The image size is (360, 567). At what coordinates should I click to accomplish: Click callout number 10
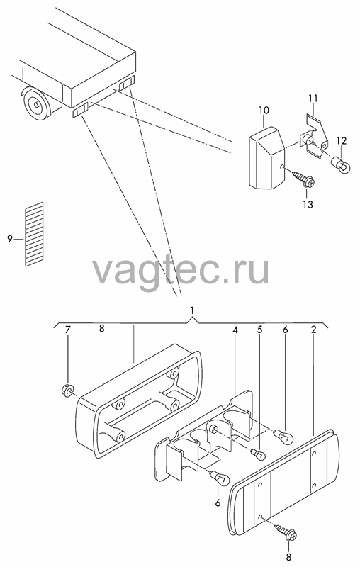264,111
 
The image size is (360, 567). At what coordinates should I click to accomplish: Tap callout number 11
313,98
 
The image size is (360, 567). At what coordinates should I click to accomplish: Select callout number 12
341,140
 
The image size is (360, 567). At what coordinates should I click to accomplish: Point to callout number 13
308,204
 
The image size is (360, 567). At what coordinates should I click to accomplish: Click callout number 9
10,239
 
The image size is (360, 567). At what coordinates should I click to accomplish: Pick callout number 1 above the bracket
192,310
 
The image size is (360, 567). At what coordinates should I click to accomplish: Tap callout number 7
68,330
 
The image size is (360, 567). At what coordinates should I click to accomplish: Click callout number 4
235,330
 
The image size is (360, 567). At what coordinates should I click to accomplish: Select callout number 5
259,330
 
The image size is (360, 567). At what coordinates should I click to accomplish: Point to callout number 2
313,330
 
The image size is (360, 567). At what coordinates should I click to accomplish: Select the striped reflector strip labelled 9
34,234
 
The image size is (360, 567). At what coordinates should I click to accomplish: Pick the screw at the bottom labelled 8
287,531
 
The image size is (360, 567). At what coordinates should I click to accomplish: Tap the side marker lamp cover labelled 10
267,158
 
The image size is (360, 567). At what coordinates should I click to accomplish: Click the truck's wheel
36,104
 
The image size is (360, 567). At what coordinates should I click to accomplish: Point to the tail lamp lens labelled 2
283,483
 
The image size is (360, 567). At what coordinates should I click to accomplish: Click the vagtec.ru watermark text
181,270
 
